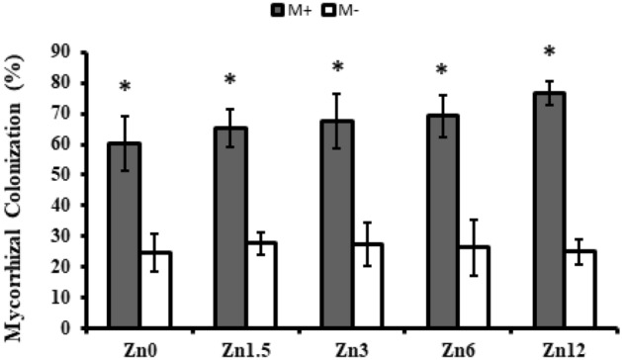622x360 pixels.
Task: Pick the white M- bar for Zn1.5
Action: [262, 285]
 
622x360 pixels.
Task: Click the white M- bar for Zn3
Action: [368, 286]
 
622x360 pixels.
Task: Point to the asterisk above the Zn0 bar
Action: [125, 88]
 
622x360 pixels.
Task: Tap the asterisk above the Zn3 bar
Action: [337, 67]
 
